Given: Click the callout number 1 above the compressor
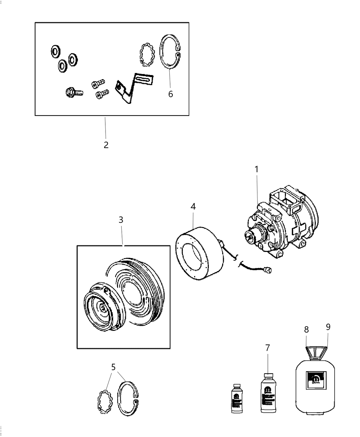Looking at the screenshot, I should pyautogui.click(x=256, y=169).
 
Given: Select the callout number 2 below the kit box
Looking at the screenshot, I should pyautogui.click(x=106, y=145).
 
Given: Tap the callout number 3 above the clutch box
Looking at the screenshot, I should pyautogui.click(x=121, y=220).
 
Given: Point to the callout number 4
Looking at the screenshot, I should pyautogui.click(x=193, y=207).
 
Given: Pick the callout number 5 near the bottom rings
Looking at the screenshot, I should pyautogui.click(x=113, y=367).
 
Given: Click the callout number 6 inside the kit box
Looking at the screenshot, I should pyautogui.click(x=170, y=94).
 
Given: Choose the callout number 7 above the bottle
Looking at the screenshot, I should pyautogui.click(x=267, y=348).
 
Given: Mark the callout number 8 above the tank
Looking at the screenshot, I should pyautogui.click(x=306, y=330).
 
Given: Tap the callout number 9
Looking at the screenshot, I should pyautogui.click(x=328, y=327).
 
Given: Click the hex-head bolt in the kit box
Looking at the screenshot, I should pyautogui.click(x=73, y=92).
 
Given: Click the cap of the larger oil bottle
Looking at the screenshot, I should pyautogui.click(x=267, y=376).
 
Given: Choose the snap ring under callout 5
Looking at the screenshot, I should pyautogui.click(x=128, y=399).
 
